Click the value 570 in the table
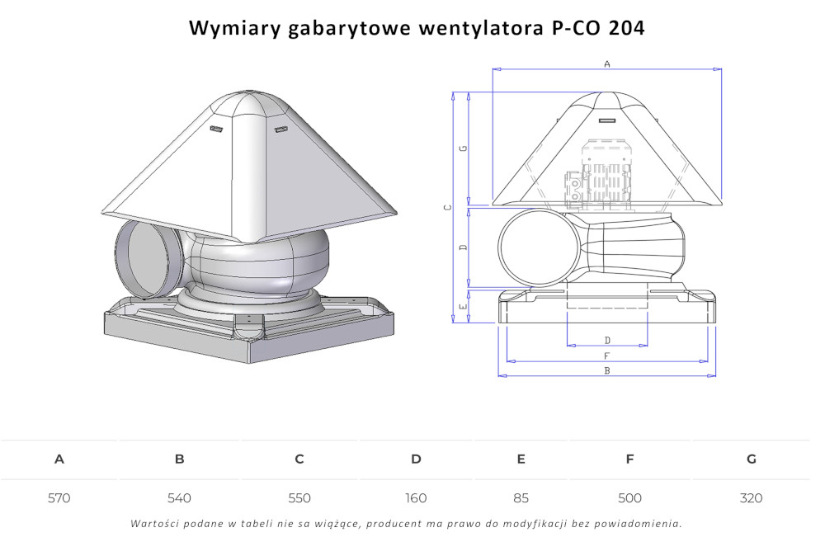59,498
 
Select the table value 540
179,498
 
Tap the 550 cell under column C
299,498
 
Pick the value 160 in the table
416,498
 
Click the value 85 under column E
521,498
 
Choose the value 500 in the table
629,498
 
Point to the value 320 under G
751,498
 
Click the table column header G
751,459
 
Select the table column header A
59,459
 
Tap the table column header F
629,459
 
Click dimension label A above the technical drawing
607,64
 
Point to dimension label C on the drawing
446,207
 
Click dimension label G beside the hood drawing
464,148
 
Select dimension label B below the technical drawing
607,371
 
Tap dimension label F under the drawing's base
607,356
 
